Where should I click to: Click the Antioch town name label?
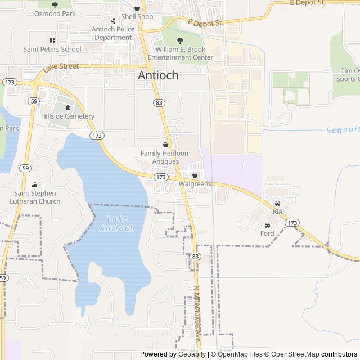point(158,75)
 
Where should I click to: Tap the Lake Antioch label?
point(118,223)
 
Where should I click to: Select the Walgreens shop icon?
point(195,175)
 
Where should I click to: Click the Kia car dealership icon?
point(277,203)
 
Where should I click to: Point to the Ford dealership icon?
point(267,225)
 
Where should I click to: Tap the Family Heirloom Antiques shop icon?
point(165,145)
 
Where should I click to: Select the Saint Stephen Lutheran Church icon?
point(35,185)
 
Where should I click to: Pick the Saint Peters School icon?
point(52,40)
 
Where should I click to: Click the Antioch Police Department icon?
point(113,29)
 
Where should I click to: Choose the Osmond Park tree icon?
point(55,5)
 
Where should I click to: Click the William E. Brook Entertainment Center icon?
point(180,40)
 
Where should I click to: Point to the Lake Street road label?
point(61,67)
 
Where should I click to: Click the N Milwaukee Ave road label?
point(197,315)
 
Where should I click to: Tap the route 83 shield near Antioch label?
point(159,102)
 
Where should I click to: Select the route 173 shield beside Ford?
point(291,223)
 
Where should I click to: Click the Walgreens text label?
point(195,184)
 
